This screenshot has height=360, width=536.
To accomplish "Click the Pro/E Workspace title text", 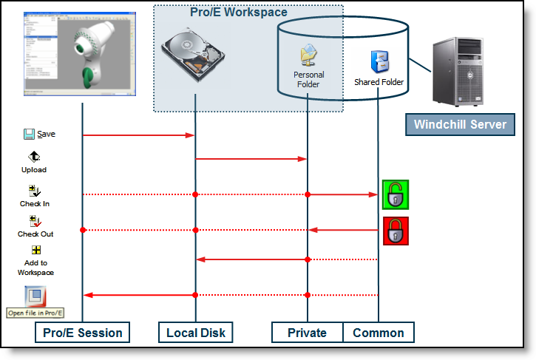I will click(238, 13).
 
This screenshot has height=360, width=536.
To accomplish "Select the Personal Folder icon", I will click(308, 55).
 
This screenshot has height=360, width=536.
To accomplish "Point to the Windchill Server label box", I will click(459, 124).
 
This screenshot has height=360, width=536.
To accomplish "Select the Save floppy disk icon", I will click(30, 134).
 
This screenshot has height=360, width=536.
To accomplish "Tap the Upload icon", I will click(34, 157).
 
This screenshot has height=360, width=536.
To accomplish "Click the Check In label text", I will click(34, 203).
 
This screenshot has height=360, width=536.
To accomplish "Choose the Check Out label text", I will click(35, 234).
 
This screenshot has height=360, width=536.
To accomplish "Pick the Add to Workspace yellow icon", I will click(35, 250).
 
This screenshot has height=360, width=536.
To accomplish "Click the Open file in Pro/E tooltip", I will click(36, 313).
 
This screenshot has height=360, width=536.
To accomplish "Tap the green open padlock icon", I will click(396, 194).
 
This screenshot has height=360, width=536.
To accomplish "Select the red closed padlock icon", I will click(396, 231).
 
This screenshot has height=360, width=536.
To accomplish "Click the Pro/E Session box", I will click(83, 333).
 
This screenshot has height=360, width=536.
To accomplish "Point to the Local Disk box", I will click(195, 333).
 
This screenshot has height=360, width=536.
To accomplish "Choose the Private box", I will click(307, 333).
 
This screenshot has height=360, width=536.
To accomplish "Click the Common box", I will click(378, 333).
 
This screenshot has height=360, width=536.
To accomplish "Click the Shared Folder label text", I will click(379, 82).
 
